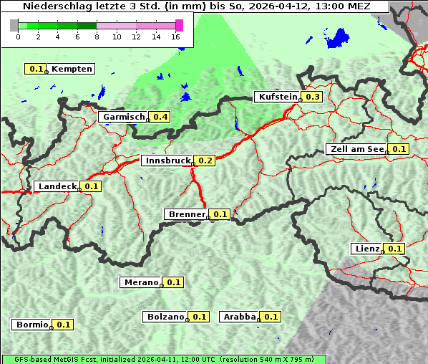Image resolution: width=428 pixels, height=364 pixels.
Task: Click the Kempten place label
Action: click(72, 69)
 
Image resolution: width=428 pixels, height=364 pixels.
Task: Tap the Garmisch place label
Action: click(124, 117)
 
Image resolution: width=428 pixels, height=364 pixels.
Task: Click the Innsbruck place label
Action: click(168, 161)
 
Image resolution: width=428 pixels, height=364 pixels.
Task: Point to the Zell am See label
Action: click(356, 149)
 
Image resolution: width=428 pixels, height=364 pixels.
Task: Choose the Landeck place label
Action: click(57, 186)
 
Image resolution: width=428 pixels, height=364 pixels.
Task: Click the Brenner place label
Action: click(187, 214)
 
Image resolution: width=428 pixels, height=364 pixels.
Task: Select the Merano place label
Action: click(140, 282)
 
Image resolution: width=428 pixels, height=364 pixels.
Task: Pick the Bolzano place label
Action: click(166, 317)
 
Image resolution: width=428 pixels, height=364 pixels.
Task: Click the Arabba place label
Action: click(239, 317)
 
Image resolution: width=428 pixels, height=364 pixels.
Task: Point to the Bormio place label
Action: click(31, 325)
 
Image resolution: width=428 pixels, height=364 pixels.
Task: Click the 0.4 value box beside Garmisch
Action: click(160, 117)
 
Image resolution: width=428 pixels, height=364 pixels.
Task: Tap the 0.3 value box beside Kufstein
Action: click(313, 97)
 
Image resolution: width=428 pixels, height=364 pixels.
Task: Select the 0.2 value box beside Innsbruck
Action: click(206, 161)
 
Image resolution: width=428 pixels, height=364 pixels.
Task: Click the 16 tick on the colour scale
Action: click(176, 37)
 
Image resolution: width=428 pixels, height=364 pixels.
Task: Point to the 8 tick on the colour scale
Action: click(97, 37)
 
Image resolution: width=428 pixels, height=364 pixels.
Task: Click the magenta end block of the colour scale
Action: click(179, 25)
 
